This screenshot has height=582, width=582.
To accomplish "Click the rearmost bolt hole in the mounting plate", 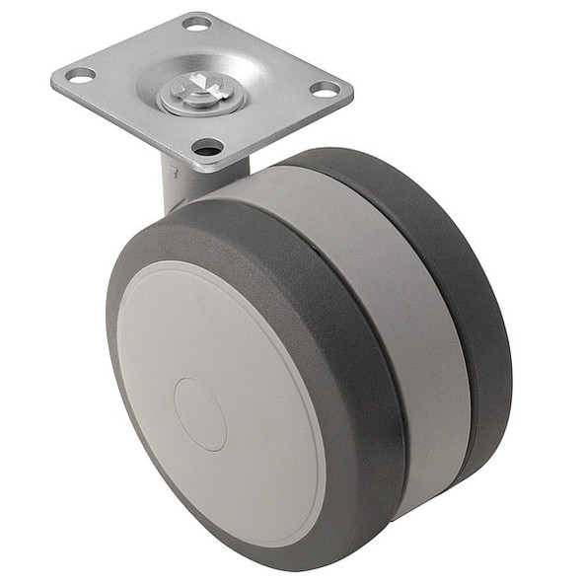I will point(196,23).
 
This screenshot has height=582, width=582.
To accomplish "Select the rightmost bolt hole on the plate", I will point(325,89).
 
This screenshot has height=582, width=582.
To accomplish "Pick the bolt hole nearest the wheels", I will point(207,148).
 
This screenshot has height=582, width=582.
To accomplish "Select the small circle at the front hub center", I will point(200,414).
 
